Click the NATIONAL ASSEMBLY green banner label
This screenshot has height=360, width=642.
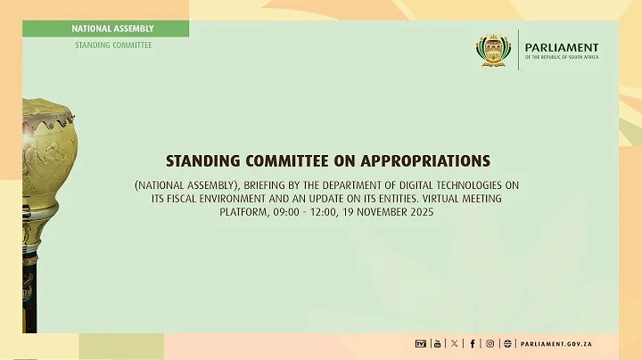pyautogui.click(x=112, y=29)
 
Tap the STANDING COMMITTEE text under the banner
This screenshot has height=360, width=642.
pyautogui.click(x=112, y=45)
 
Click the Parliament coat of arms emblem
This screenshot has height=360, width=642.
pyautogui.click(x=493, y=51)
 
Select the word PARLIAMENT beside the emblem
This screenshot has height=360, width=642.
pyautogui.click(x=562, y=47)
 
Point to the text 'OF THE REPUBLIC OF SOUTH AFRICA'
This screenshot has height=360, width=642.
pyautogui.click(x=562, y=58)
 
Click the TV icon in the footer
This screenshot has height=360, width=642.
pyautogui.click(x=421, y=343)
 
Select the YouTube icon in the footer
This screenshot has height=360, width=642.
pyautogui.click(x=437, y=343)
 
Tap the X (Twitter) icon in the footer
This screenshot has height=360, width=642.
pyautogui.click(x=454, y=343)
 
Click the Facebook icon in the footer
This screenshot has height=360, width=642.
pyautogui.click(x=472, y=343)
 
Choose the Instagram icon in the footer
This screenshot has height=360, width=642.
pyautogui.click(x=490, y=343)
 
